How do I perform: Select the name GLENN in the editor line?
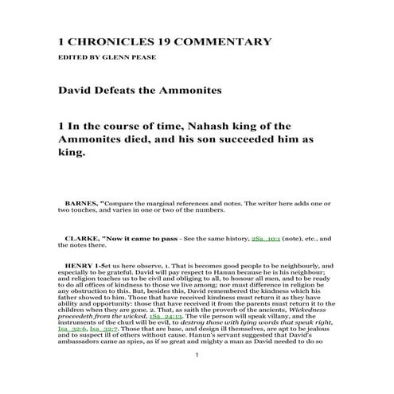pyautogui.click(x=130, y=59)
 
